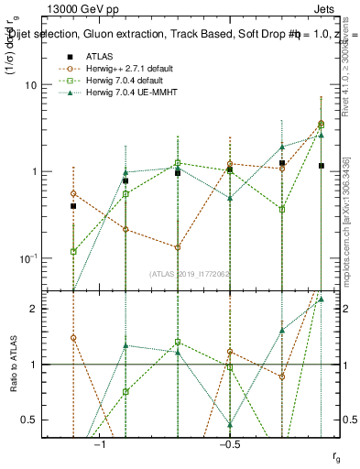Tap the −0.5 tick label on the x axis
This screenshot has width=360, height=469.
[x=229, y=445]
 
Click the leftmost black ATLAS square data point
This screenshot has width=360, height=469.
[x=73, y=206]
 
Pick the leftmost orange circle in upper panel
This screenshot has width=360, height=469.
[x=73, y=193]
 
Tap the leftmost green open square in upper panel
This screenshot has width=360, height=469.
[x=73, y=251]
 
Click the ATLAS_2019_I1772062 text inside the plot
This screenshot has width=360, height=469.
[x=191, y=273]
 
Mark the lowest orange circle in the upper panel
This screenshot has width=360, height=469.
[x=178, y=247]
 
